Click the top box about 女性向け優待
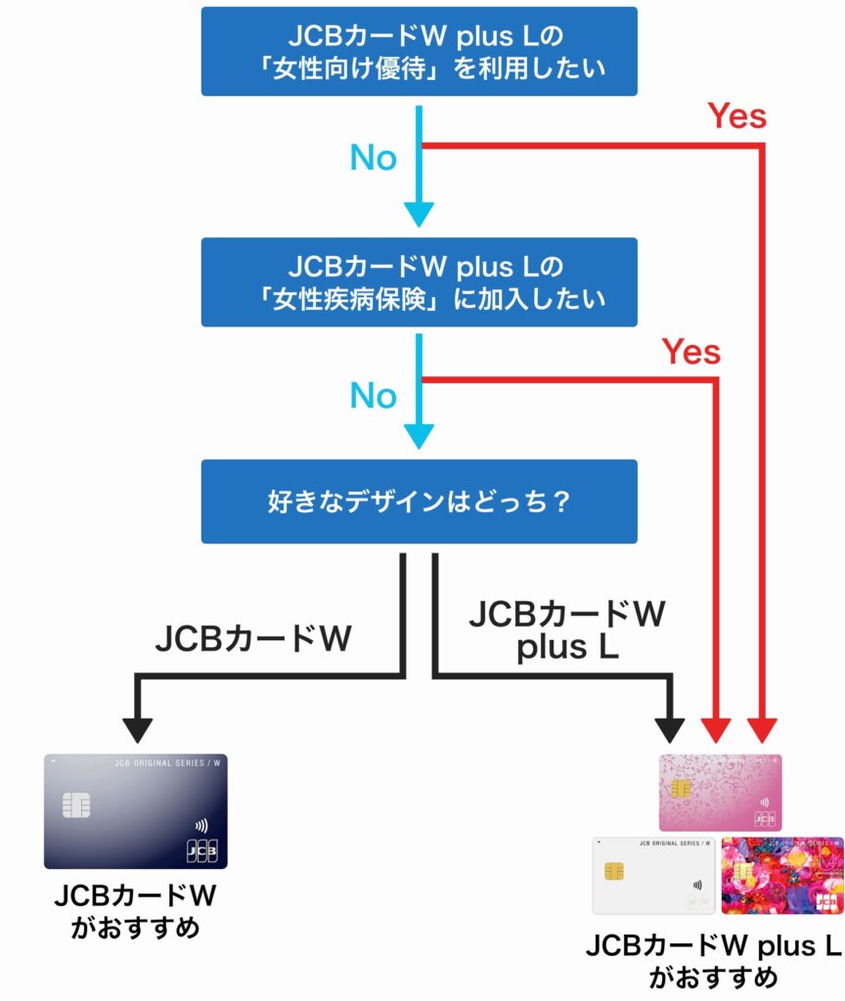[419, 51]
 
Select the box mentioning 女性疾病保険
[419, 282]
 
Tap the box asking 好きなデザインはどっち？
[419, 501]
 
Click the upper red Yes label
[737, 116]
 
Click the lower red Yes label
[690, 351]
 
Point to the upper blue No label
[373, 158]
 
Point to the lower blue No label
[373, 396]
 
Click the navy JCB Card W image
[135, 811]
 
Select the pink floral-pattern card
[720, 793]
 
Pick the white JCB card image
[653, 875]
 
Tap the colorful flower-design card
[781, 875]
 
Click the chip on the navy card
[76, 805]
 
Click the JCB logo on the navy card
[200, 849]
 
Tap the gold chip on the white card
[614, 869]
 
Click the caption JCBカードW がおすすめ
[135, 911]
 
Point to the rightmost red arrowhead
[763, 730]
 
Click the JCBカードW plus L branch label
[567, 631]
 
